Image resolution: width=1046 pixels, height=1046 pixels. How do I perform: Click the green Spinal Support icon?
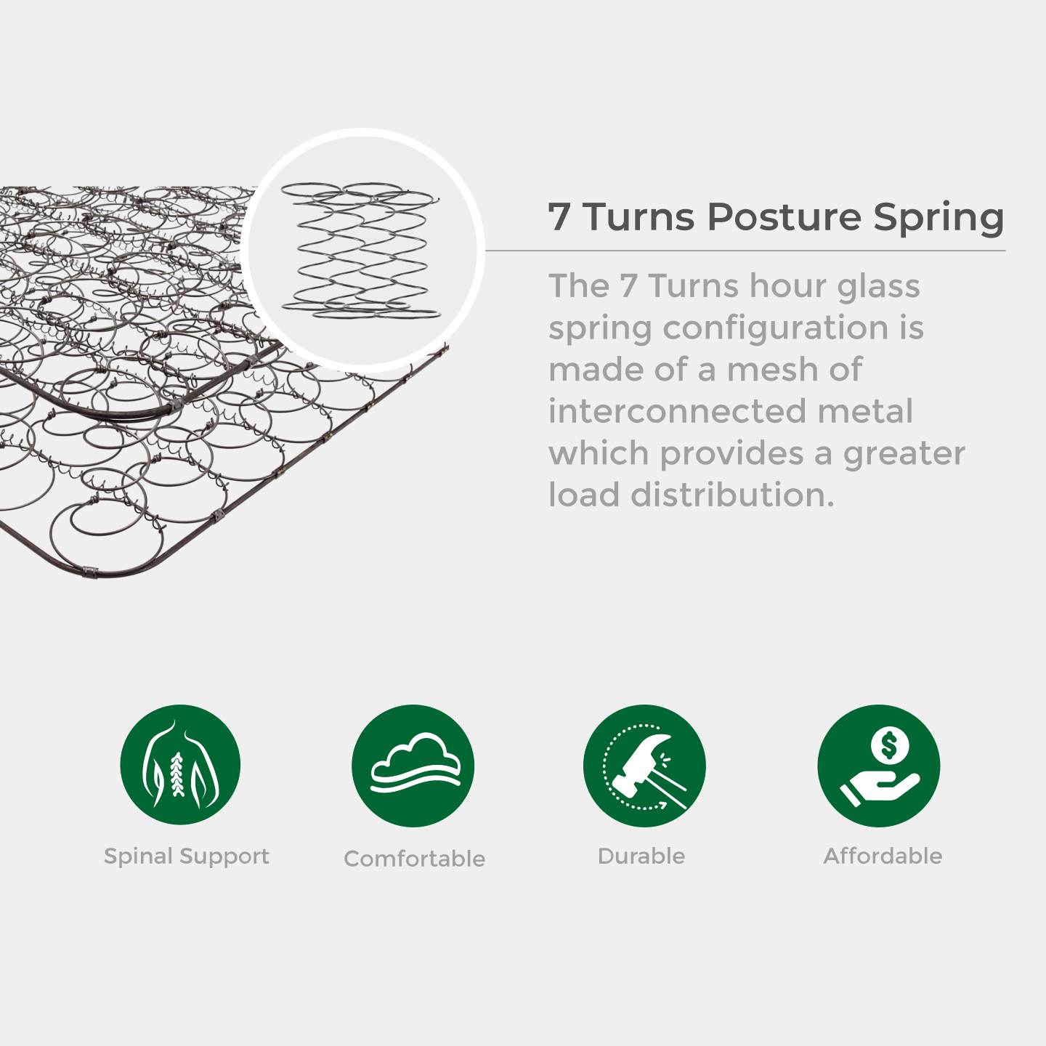[x=180, y=765]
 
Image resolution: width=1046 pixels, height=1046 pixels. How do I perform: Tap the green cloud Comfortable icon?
[x=413, y=766]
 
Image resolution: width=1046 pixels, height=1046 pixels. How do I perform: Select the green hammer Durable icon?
[x=644, y=766]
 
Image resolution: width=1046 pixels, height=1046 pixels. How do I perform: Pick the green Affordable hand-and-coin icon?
[x=879, y=766]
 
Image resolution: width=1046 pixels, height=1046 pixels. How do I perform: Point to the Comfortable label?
[x=414, y=858]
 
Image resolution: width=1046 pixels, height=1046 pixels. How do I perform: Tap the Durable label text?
[x=641, y=856]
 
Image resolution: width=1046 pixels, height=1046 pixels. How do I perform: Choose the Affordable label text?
[x=883, y=856]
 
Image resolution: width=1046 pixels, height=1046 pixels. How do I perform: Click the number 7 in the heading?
[x=559, y=216]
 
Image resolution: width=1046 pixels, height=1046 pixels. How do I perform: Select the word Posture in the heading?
[x=784, y=216]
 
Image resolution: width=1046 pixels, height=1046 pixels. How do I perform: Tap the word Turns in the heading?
[x=638, y=216]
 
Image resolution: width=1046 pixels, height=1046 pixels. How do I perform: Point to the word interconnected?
[x=676, y=411]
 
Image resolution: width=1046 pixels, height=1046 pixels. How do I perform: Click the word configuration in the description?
[x=776, y=329]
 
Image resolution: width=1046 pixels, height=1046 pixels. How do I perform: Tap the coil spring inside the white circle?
[x=361, y=250]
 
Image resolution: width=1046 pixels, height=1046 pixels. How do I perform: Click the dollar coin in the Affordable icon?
[x=890, y=745]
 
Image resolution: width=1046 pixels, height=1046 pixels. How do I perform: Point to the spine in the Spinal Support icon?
[x=177, y=774]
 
